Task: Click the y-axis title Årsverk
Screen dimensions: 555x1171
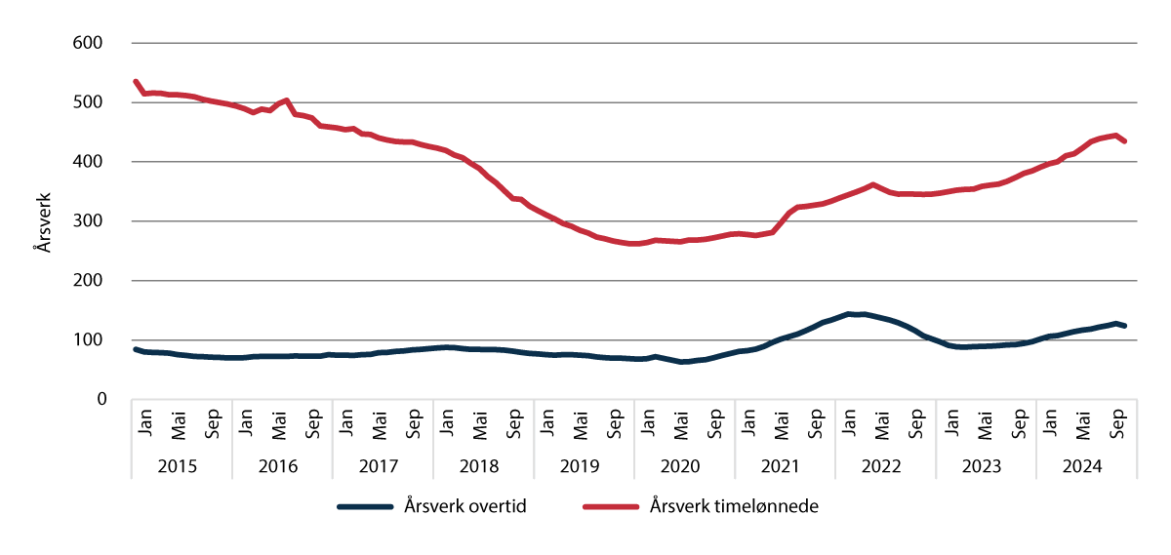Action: pyautogui.click(x=43, y=221)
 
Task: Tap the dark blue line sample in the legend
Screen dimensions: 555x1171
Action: pyautogui.click(x=365, y=507)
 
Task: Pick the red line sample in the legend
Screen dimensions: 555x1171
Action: pyautogui.click(x=611, y=507)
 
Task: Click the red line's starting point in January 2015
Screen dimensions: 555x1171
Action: pyautogui.click(x=135, y=81)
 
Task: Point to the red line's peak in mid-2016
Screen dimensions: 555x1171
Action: pyautogui.click(x=286, y=99)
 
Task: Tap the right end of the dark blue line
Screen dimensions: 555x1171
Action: pyautogui.click(x=1125, y=326)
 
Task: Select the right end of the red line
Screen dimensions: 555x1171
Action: pyautogui.click(x=1125, y=141)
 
